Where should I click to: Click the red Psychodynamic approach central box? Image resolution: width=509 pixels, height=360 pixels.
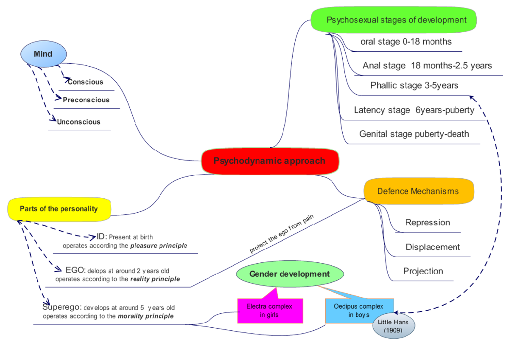point(270,161)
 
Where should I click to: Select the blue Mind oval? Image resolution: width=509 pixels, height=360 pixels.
point(44,54)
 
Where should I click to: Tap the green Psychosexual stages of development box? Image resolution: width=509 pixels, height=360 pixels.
point(394,20)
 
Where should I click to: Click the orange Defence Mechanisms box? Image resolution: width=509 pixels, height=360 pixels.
point(418,191)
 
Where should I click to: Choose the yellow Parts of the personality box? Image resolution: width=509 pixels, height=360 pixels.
point(59,209)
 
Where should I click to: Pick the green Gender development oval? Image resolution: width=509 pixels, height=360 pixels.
point(289,274)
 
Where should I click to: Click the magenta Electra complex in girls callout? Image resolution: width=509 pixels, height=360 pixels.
point(269,311)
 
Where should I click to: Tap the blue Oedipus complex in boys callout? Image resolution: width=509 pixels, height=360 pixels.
point(358,311)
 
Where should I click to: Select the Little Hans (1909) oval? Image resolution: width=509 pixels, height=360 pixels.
point(393,326)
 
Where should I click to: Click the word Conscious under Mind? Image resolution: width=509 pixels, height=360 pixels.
point(85,82)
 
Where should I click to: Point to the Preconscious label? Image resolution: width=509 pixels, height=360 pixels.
point(86,100)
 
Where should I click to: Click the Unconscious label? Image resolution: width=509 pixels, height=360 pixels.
point(79,122)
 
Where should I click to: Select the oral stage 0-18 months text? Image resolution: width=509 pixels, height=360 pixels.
point(406,42)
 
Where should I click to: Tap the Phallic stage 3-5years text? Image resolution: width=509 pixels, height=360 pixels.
point(414,86)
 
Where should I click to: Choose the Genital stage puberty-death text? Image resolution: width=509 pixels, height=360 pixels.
point(414,134)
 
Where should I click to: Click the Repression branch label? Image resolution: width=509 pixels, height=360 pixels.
point(428,223)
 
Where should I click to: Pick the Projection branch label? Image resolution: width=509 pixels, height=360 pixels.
point(423,271)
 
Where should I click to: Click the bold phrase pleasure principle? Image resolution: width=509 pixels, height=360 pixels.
point(159,246)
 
